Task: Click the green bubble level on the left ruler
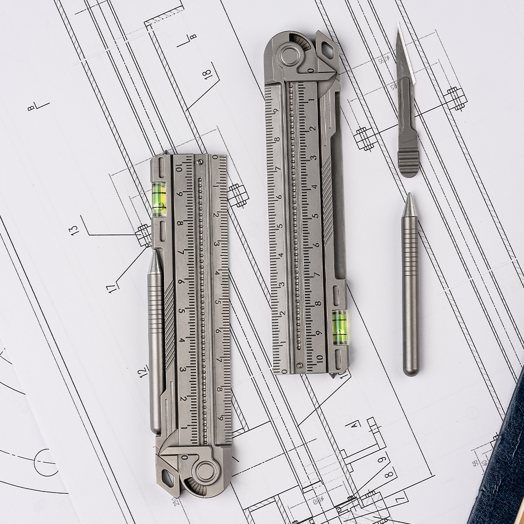click(159, 199)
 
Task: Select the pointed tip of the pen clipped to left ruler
click(154, 253)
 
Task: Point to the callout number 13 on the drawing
click(75, 229)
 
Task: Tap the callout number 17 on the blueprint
click(112, 287)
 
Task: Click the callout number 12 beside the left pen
click(143, 372)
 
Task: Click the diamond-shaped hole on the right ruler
click(327, 50)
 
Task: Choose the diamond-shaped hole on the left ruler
click(168, 477)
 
